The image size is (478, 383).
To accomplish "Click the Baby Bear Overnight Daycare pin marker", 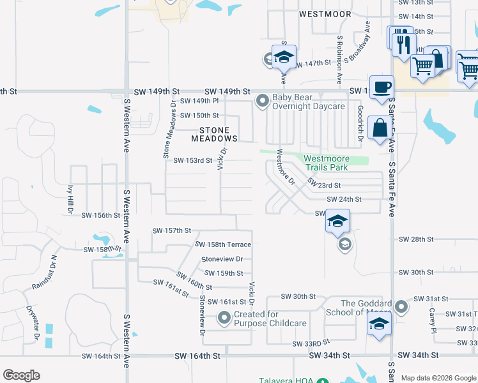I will pos(262,101).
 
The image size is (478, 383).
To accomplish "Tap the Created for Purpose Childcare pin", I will pos(224,317).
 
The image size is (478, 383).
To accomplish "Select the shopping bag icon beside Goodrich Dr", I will pos(380,128).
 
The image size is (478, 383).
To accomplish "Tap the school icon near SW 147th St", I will pos(284,57).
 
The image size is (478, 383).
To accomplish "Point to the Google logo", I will pos(22,375).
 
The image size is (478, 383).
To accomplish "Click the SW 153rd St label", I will pos(192,160).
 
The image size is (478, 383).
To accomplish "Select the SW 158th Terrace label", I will pos(222,244).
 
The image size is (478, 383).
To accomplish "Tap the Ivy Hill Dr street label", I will pos(70,200).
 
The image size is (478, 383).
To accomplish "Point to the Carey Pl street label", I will pos(433,320).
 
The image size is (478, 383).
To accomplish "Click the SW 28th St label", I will pos(416,239).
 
